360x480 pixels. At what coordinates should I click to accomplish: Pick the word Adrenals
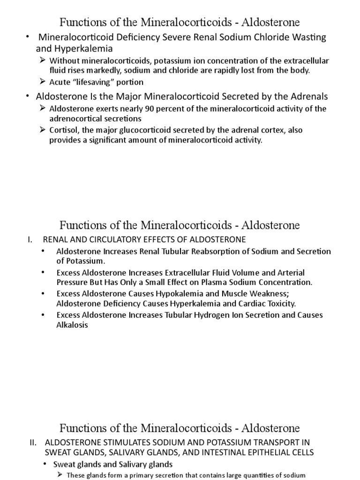click(306, 97)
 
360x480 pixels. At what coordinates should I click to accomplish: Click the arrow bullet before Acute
click(43, 82)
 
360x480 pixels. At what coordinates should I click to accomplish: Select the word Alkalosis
click(72, 324)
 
